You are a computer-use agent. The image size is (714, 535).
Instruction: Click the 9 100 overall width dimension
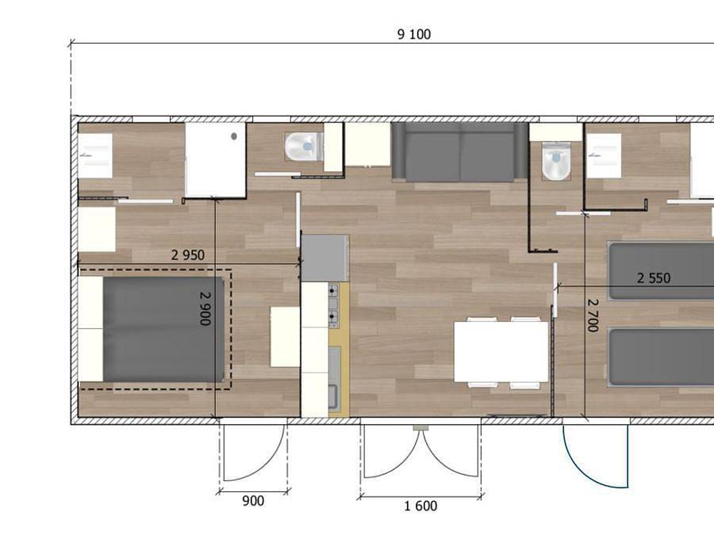click(414, 34)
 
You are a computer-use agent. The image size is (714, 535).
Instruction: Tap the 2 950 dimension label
click(188, 255)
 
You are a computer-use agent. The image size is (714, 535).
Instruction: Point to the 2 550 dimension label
click(654, 278)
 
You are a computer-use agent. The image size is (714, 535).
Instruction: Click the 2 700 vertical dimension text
click(592, 315)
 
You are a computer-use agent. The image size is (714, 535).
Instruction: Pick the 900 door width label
click(252, 501)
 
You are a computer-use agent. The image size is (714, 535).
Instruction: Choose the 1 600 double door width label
click(420, 506)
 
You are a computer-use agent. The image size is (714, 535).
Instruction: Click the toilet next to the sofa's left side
click(303, 146)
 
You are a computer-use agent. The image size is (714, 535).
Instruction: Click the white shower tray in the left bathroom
click(215, 159)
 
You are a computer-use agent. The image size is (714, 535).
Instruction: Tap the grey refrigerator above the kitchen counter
click(324, 257)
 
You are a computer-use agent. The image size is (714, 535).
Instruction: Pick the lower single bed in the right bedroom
click(661, 357)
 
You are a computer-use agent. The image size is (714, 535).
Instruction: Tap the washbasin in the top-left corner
click(94, 155)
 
